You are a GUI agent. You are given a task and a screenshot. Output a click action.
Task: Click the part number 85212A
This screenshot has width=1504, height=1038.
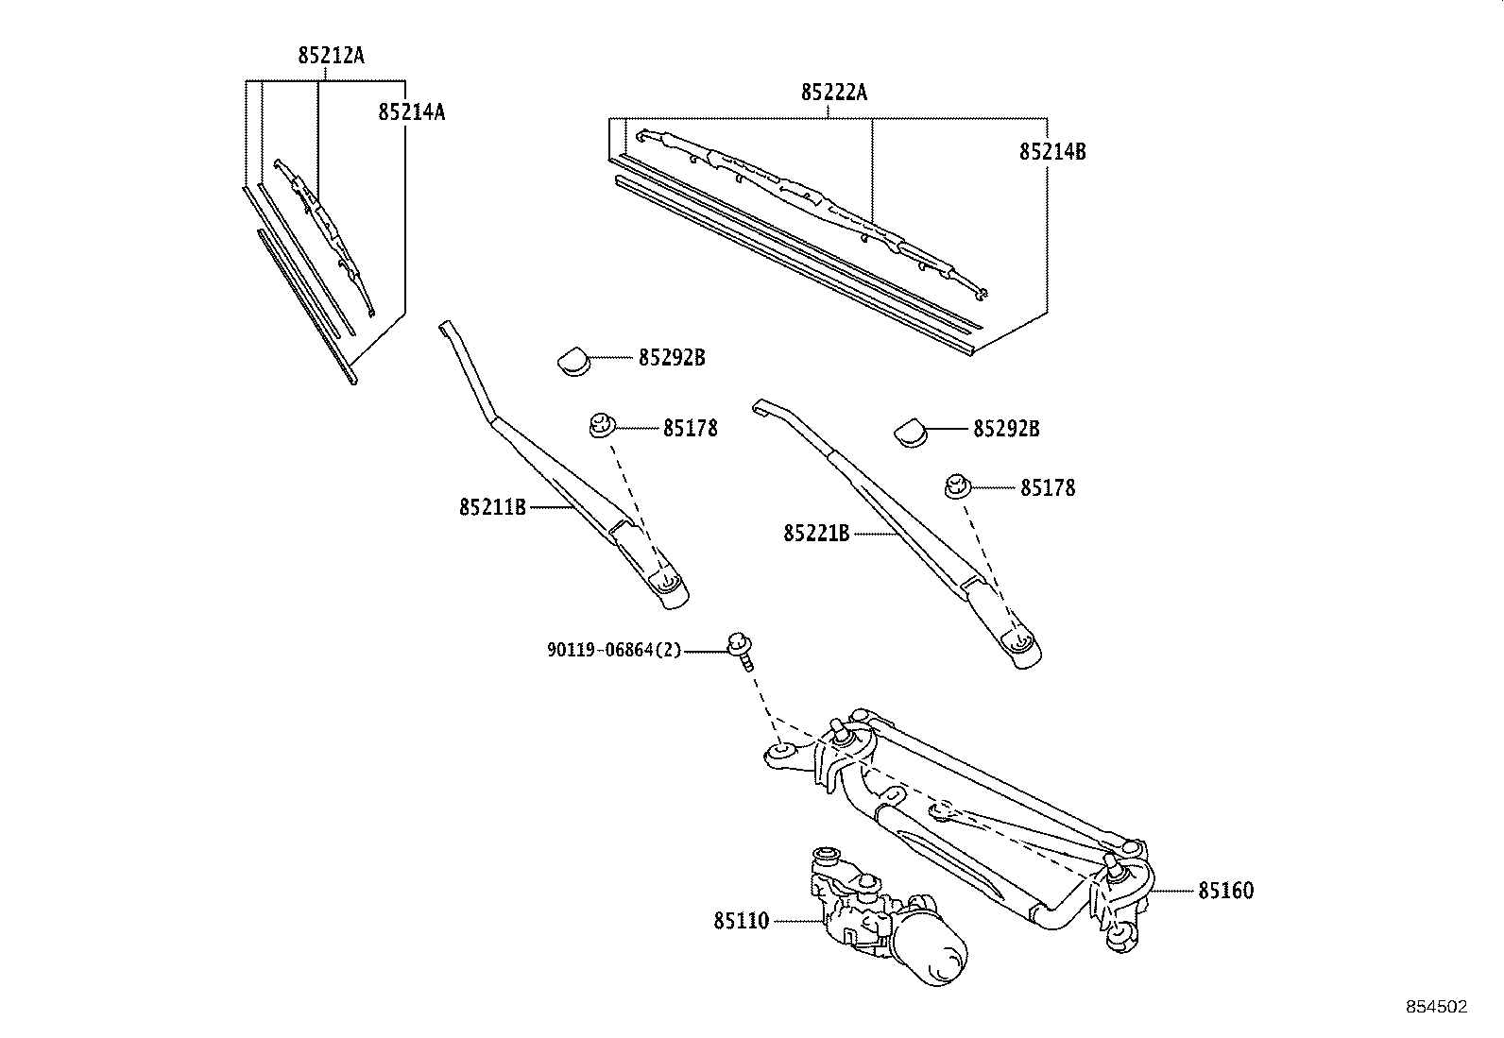point(331,56)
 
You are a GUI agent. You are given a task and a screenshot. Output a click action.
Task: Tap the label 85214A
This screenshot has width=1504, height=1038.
point(411,112)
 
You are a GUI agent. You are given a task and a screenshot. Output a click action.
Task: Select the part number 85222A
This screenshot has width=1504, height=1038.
point(833,93)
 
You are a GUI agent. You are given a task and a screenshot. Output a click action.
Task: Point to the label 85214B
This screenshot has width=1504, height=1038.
point(1051,151)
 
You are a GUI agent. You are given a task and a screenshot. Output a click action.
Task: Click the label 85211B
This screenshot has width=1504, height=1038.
point(492,508)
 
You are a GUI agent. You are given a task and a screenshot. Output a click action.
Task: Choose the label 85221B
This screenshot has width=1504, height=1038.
point(816,534)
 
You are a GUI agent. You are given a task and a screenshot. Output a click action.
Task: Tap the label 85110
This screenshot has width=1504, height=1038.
point(742,920)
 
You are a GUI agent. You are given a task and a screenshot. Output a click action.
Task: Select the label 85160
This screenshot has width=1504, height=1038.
point(1225,891)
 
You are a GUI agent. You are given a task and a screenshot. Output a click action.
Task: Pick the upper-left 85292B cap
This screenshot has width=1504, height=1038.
point(572,360)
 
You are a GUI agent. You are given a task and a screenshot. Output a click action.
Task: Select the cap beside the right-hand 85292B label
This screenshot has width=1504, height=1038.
point(911,433)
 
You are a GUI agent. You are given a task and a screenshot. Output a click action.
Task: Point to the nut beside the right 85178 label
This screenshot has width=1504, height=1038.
point(958,488)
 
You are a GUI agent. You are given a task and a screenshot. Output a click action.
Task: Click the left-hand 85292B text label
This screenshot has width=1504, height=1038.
point(672,359)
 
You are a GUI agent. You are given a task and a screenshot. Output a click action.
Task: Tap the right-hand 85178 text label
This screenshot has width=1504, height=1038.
point(1047,488)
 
